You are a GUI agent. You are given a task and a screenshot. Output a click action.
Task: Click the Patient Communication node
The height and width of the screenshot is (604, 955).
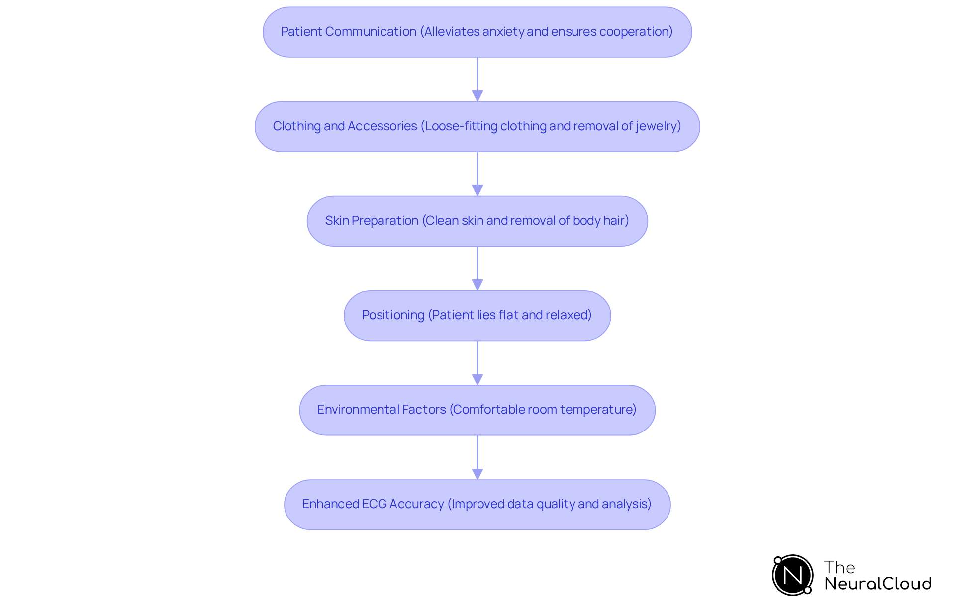click(x=477, y=32)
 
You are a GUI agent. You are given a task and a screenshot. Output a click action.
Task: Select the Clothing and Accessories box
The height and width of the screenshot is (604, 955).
click(x=477, y=127)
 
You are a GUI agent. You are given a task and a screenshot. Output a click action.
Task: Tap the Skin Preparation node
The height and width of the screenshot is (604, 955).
click(x=477, y=221)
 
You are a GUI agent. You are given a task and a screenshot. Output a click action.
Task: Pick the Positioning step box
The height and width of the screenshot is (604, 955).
click(x=477, y=316)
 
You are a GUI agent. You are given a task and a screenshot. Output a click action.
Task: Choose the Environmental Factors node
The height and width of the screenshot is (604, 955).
click(x=477, y=410)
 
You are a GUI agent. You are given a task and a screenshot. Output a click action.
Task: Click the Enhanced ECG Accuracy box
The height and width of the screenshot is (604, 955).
click(x=477, y=505)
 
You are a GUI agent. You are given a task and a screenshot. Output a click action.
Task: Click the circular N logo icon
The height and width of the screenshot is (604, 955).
click(x=792, y=575)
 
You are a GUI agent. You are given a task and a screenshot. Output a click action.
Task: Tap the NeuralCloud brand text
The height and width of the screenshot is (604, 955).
click(x=878, y=584)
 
